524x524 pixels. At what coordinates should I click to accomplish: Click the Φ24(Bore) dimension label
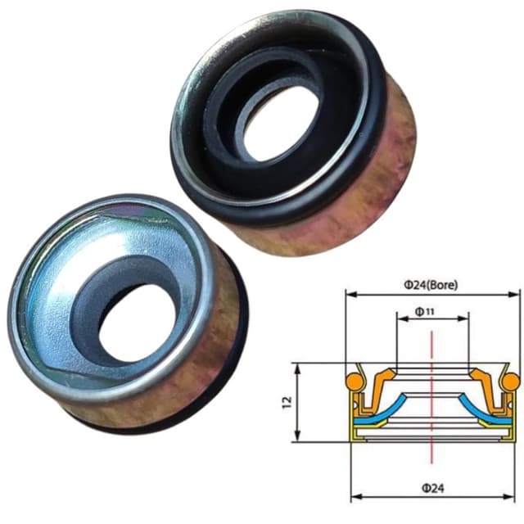(x=431, y=285)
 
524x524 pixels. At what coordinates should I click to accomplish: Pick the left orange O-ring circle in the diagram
(x=354, y=381)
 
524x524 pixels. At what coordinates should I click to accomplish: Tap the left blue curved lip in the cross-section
(x=385, y=407)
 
